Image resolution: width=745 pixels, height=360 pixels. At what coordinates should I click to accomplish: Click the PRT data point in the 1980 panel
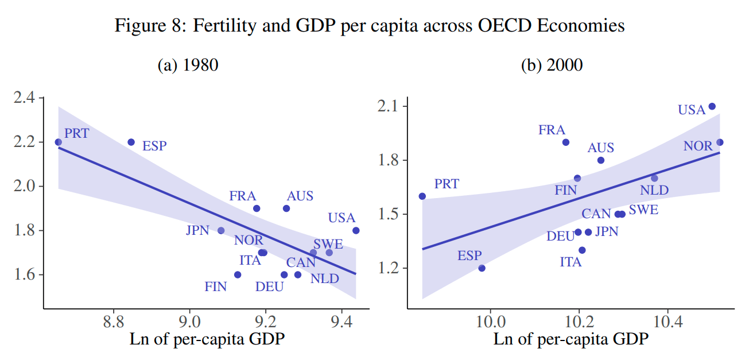coord(58,142)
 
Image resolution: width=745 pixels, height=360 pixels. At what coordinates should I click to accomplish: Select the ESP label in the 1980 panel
coord(154,146)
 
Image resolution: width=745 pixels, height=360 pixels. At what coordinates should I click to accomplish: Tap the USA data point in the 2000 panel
coord(712,106)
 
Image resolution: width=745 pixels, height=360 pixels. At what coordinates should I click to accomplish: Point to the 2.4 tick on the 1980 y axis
coord(25,98)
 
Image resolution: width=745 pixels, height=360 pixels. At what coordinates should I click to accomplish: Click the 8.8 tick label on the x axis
coord(114,320)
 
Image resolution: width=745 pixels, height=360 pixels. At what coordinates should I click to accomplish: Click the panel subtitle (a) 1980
coord(188,65)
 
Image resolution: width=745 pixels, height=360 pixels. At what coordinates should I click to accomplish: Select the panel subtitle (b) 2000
coord(552,65)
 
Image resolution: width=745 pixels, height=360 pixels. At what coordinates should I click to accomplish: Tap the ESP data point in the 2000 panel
coord(482,268)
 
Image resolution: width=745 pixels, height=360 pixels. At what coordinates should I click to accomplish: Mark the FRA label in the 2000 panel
coord(552,130)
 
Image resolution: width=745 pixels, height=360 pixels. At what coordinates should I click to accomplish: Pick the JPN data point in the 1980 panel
coord(221,230)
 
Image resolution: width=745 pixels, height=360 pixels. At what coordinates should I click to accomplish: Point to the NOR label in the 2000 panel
coord(698,146)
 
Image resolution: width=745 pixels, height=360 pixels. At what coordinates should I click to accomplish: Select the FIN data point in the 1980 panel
coord(238,274)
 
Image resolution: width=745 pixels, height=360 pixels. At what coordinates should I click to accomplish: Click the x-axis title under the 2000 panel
coord(571,339)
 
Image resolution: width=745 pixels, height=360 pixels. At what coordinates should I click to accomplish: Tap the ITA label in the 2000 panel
coord(571,262)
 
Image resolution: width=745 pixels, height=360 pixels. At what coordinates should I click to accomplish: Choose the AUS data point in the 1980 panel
coord(286,208)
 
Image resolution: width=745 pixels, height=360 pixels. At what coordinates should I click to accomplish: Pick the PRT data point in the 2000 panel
coord(422,196)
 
